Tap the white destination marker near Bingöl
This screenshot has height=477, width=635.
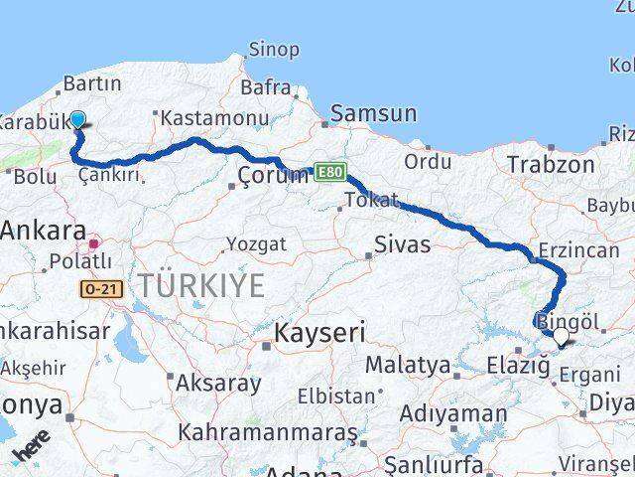(561, 337)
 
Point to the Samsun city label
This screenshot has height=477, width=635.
(373, 113)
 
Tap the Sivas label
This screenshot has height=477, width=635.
(403, 243)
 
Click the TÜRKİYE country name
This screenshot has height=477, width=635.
(201, 286)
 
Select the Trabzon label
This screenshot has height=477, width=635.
(551, 164)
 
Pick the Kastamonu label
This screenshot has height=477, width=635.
(214, 117)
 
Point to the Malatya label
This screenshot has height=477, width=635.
(407, 365)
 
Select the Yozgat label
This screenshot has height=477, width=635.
(256, 243)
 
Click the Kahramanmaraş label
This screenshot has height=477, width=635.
(267, 433)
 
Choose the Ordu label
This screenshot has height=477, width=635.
(428, 160)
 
